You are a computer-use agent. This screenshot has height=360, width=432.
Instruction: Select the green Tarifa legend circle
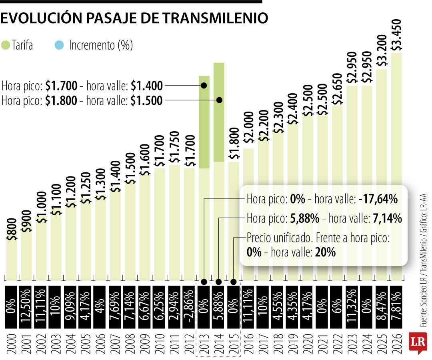coord(6,45)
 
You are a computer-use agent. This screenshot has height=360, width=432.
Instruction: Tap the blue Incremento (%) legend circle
coord(59,45)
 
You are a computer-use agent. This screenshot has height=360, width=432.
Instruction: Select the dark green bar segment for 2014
coord(219,112)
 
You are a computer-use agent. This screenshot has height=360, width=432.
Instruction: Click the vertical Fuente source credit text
coord(423,260)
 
